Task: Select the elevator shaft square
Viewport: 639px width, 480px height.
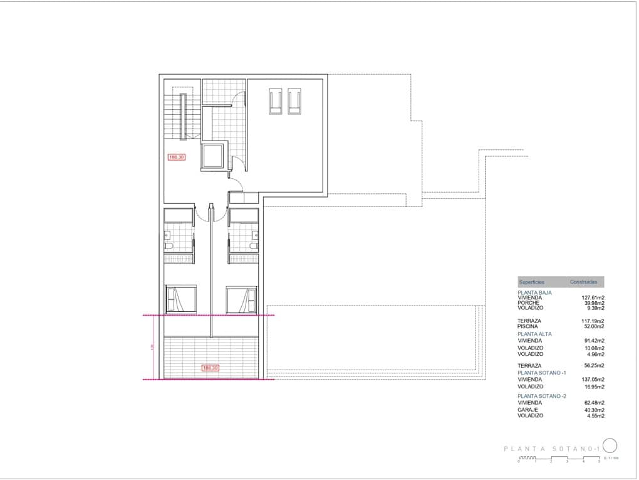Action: click(x=213, y=156)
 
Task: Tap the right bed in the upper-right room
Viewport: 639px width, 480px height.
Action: click(x=294, y=102)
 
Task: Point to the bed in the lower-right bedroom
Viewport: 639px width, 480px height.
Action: click(x=242, y=299)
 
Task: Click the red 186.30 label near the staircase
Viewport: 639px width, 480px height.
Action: click(x=177, y=157)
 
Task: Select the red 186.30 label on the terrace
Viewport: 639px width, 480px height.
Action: click(x=210, y=368)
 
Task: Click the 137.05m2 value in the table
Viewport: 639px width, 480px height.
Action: click(x=593, y=380)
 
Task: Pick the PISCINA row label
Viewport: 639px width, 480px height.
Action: click(x=527, y=326)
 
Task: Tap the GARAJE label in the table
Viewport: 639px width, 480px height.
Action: click(x=527, y=410)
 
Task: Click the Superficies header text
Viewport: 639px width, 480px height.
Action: click(x=531, y=282)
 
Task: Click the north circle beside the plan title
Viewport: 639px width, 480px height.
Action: click(x=610, y=445)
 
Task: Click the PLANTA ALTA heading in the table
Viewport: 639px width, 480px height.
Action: click(x=534, y=334)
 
